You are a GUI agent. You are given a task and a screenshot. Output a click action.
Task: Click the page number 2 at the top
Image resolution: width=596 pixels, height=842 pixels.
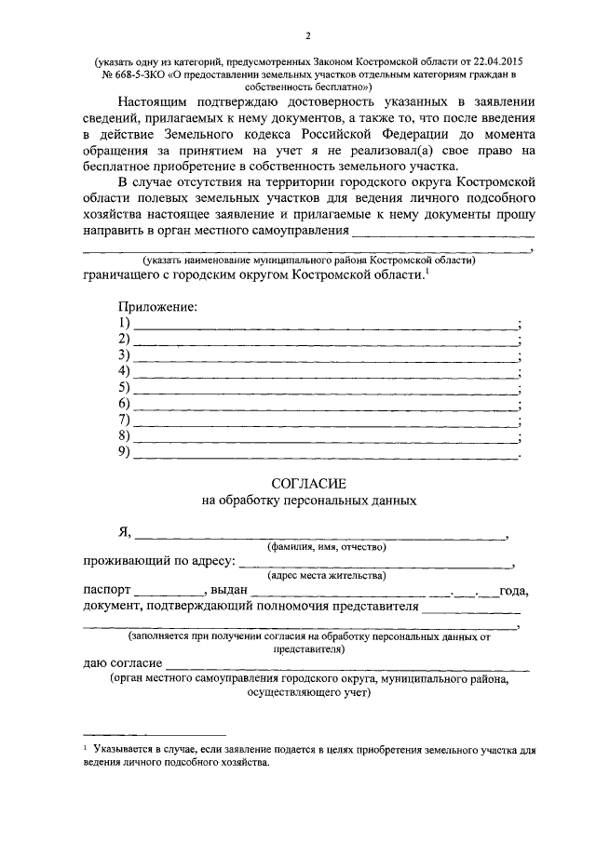point(306,36)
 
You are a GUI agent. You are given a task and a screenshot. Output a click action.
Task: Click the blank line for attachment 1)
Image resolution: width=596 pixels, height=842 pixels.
point(325,327)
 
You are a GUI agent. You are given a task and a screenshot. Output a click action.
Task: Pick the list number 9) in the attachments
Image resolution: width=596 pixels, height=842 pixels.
point(124,452)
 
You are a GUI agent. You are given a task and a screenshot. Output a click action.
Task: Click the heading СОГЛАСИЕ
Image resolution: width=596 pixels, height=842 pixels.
point(308,484)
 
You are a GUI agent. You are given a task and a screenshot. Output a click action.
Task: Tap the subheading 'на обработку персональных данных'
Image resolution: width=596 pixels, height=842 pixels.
point(308,501)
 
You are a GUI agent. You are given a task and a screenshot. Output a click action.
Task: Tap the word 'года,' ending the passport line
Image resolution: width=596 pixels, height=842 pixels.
point(513,592)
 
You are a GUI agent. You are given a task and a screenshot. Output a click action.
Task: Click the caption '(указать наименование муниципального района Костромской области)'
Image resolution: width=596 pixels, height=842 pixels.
point(308,261)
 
